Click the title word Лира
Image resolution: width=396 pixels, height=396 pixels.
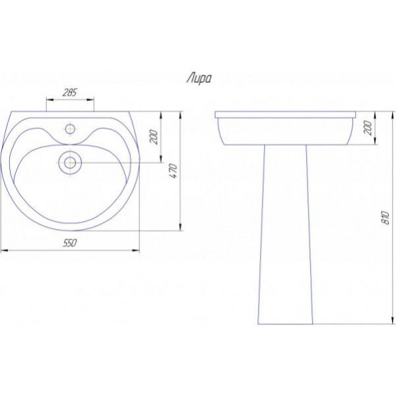(199, 79)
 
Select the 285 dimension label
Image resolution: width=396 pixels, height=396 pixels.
(69, 92)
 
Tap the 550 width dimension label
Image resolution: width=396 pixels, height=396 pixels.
(69, 243)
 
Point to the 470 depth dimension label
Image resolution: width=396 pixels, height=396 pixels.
(174, 171)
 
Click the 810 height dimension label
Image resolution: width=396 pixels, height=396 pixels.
(386, 217)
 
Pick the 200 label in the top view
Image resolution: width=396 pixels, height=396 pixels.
(154, 137)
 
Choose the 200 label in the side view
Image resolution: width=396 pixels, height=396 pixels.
(368, 128)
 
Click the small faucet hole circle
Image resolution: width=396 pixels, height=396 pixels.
(70, 129)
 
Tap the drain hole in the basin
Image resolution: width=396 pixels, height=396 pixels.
(70, 162)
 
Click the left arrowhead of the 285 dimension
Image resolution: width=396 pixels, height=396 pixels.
(49, 100)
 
